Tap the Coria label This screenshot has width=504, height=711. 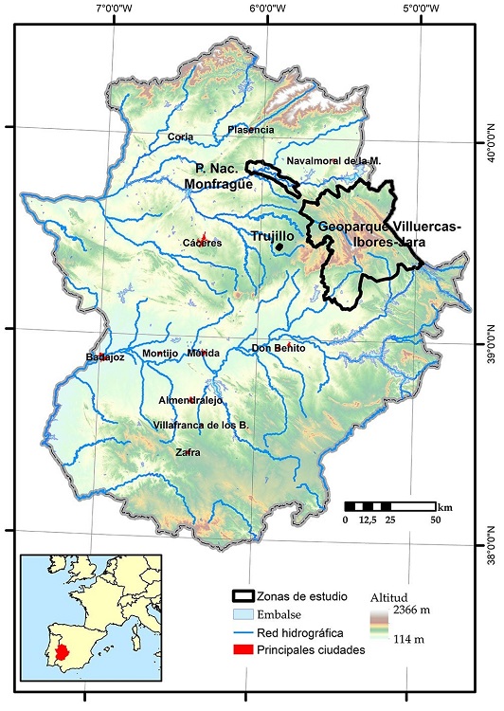(180, 137)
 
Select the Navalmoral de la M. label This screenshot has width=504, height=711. (333, 160)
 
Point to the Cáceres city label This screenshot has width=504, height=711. (203, 243)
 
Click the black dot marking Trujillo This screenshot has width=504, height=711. (279, 248)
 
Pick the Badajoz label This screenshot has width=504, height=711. (105, 357)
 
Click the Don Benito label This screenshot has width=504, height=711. (279, 348)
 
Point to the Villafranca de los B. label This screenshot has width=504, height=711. (201, 426)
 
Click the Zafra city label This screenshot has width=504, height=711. (188, 453)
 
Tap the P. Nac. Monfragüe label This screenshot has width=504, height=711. (219, 176)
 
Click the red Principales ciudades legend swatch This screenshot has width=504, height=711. (247, 649)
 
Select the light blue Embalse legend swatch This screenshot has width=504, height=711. (247, 615)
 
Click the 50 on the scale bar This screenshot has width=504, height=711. (437, 520)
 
